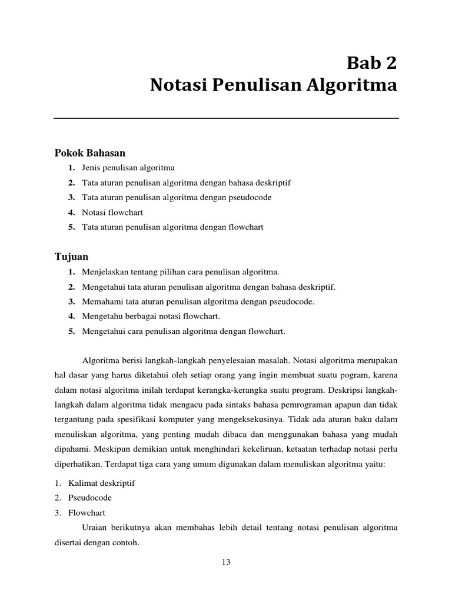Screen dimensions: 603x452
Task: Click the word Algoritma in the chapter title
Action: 357,86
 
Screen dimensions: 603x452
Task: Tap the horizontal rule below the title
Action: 226,118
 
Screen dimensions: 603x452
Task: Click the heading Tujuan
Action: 71,257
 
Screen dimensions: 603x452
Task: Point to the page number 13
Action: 226,562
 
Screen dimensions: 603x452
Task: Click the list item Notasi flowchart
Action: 112,212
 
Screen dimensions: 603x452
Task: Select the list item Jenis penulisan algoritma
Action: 128,168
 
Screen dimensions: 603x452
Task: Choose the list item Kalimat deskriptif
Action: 102,483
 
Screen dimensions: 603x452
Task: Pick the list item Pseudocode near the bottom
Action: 90,498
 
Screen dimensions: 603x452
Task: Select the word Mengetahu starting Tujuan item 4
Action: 101,316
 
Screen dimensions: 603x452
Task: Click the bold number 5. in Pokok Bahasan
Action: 71,227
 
